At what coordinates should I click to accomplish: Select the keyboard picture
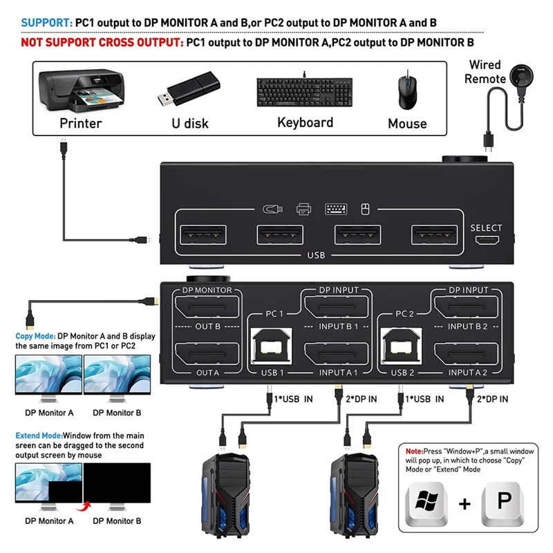(306, 92)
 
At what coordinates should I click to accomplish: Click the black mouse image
(406, 91)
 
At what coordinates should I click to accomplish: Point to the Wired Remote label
(485, 72)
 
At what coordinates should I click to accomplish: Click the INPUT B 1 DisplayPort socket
(337, 306)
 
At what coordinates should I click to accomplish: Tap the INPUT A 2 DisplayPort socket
(468, 355)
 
